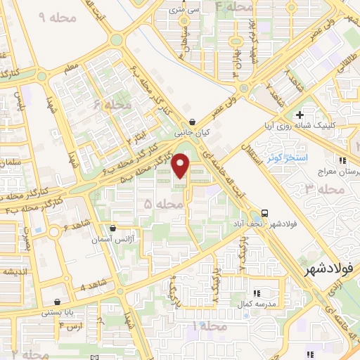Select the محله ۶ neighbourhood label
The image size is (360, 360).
pos(115,105)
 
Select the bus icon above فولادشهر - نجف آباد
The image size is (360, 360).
pos(264,212)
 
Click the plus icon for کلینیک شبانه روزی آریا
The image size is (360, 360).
pos(300,115)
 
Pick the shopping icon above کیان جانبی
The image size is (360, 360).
pos(193,121)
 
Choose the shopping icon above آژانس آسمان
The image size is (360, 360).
pos(112,229)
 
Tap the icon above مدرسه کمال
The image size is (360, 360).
pos(256,292)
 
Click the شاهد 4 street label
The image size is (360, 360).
pos(93,287)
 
